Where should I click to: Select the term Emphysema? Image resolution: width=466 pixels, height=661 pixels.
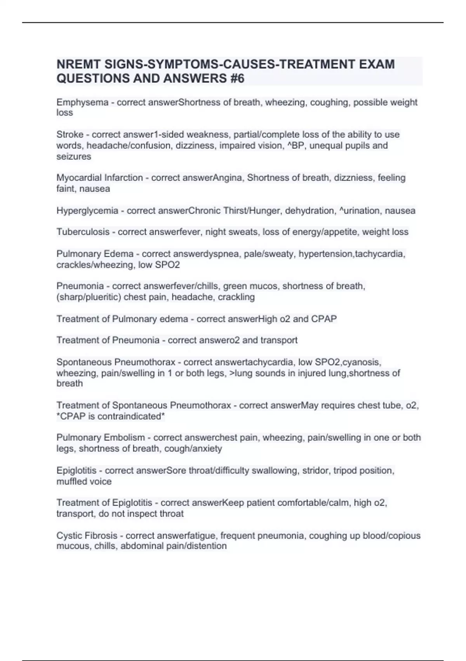click(x=82, y=102)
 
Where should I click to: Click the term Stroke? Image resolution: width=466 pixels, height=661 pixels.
click(x=70, y=135)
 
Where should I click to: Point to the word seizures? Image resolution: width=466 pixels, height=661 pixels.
click(x=74, y=156)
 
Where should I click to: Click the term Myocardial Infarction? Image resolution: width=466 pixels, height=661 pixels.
click(x=100, y=178)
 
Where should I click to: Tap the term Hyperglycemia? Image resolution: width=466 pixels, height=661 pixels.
click(x=87, y=211)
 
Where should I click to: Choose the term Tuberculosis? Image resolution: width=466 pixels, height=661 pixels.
click(x=83, y=232)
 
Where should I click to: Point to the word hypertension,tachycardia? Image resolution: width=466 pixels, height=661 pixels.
click(x=352, y=254)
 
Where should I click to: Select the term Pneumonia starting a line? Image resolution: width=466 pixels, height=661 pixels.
click(x=80, y=286)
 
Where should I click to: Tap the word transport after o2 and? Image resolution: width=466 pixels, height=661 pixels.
click(x=279, y=340)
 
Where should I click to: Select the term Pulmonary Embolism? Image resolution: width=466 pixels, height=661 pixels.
click(x=101, y=438)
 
